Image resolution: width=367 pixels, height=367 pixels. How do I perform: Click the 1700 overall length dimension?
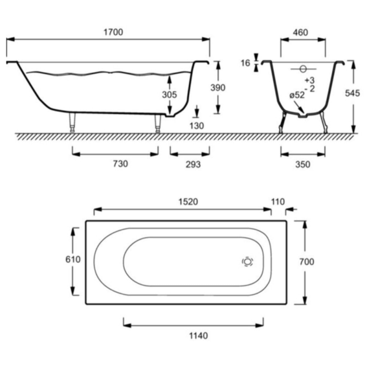pyautogui.click(x=113, y=32)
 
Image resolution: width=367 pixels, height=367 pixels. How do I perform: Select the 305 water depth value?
pyautogui.click(x=169, y=94)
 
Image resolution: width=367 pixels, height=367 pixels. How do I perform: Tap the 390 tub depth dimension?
pyautogui.click(x=218, y=88)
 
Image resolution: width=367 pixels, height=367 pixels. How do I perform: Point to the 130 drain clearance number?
pyautogui.click(x=196, y=126)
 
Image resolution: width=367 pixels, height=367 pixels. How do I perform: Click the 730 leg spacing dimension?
pyautogui.click(x=120, y=164)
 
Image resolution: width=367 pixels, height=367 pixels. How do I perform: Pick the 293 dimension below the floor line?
pyautogui.click(x=193, y=164)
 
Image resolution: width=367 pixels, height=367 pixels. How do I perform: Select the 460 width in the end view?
pyautogui.click(x=300, y=33)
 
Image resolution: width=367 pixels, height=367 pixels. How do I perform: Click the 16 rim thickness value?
pyautogui.click(x=246, y=63)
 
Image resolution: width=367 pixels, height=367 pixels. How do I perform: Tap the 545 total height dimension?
pyautogui.click(x=352, y=93)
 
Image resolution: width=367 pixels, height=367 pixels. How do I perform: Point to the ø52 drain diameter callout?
pyautogui.click(x=297, y=95)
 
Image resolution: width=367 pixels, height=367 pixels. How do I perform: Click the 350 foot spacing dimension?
pyautogui.click(x=303, y=164)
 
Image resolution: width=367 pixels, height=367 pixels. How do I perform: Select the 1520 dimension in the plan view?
pyautogui.click(x=188, y=202)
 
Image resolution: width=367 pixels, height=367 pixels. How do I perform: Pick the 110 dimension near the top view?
pyautogui.click(x=278, y=202)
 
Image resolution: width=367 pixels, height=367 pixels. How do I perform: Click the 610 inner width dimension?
pyautogui.click(x=73, y=259)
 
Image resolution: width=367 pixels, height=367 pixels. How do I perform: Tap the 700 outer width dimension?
pyautogui.click(x=307, y=262)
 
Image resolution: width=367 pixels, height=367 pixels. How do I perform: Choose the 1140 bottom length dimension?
pyautogui.click(x=198, y=336)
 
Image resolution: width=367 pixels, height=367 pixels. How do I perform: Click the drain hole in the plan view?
pyautogui.click(x=247, y=262)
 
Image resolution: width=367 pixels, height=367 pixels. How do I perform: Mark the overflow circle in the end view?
pyautogui.click(x=303, y=69)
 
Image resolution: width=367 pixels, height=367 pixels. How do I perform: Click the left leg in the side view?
pyautogui.click(x=72, y=123)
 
